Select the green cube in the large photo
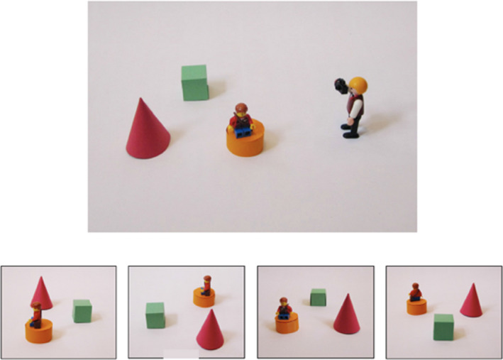click(x=194, y=82)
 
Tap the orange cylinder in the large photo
click(x=245, y=138)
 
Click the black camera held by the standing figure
click(x=342, y=85)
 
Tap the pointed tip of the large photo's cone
click(x=141, y=100)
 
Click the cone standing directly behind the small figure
click(x=41, y=292)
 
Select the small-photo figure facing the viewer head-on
click(x=284, y=307)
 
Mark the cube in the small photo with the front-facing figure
click(x=317, y=297)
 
